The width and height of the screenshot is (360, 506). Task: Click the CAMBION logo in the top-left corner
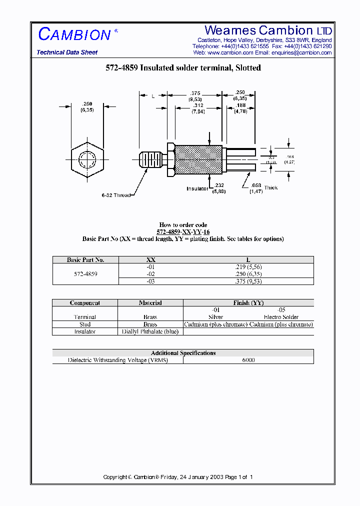click(x=74, y=34)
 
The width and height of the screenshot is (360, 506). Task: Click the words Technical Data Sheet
click(x=67, y=52)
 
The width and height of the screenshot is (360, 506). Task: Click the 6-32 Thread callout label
click(x=116, y=195)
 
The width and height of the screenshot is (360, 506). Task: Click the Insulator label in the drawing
click(x=197, y=188)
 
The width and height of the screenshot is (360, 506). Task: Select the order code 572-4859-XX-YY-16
click(x=183, y=232)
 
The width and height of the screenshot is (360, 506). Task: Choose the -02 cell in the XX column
click(x=150, y=274)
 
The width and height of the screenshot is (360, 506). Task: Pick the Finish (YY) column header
click(x=248, y=302)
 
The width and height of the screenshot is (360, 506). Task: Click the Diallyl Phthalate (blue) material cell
click(x=150, y=331)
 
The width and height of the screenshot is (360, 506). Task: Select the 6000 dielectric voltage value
click(x=248, y=360)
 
